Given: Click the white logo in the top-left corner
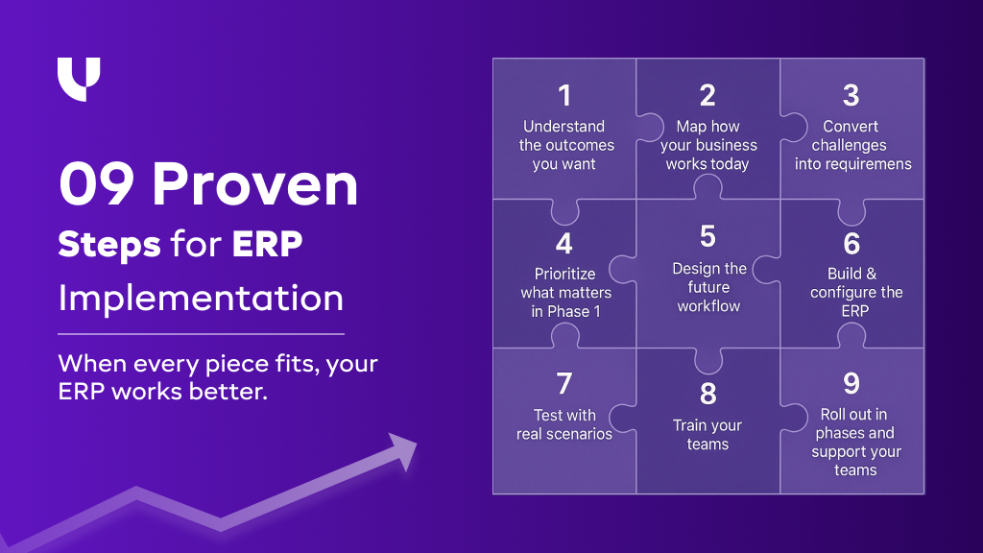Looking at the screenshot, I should click(x=79, y=79).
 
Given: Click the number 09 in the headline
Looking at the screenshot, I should click(x=97, y=185).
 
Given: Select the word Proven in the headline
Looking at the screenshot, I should click(x=255, y=185).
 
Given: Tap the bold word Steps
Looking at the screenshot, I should click(x=108, y=244).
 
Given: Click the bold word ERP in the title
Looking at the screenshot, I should click(x=267, y=244).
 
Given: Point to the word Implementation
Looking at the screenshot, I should click(x=201, y=298).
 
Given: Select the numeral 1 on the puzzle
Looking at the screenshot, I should click(x=564, y=96).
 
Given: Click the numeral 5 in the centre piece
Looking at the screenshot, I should click(x=708, y=237).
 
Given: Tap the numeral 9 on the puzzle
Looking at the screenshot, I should click(x=851, y=383).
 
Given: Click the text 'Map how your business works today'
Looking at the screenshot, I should click(x=708, y=145).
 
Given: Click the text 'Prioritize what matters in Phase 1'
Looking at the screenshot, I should click(x=565, y=292).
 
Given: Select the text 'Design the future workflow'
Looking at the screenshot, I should click(x=708, y=287).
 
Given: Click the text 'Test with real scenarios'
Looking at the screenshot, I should click(x=564, y=424).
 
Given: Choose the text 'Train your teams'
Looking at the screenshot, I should click(x=707, y=435).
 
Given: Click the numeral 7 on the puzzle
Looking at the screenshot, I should click(x=564, y=384).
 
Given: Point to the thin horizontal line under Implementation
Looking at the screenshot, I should click(x=201, y=334).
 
